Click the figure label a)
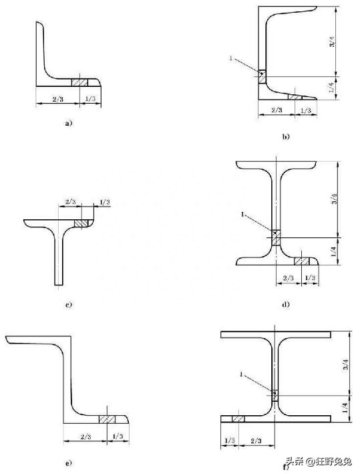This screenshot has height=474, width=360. [69, 123]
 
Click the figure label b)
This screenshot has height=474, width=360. [286, 136]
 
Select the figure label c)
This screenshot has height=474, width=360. [69, 304]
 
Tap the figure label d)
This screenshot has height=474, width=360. [286, 304]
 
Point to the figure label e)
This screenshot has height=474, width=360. [69, 463]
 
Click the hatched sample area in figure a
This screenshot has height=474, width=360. [79, 82]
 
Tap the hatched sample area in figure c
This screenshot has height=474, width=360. [81, 223]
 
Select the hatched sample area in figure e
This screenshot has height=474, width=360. [108, 419]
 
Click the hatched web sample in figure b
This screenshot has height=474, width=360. [262, 77]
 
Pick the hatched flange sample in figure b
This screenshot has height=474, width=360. [295, 97]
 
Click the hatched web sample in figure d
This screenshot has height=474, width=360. [276, 238]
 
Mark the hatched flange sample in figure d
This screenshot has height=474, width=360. [302, 261]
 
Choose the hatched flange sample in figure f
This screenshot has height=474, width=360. [238, 419]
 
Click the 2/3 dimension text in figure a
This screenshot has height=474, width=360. [57, 99]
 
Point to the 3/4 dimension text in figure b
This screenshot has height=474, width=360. [332, 41]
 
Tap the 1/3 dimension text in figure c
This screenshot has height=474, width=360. [105, 202]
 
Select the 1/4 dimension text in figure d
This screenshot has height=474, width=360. [333, 251]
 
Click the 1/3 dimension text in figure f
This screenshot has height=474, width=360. [230, 441]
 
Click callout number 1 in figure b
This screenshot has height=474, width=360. [231, 58]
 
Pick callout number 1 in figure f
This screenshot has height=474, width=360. [241, 374]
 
